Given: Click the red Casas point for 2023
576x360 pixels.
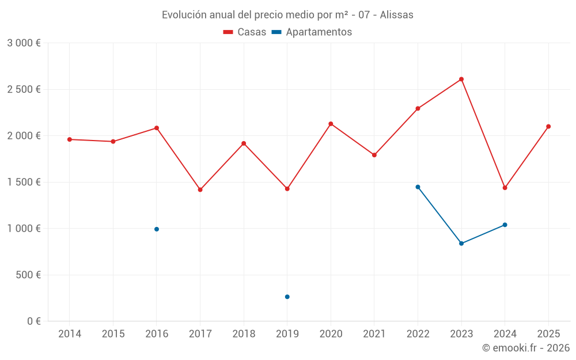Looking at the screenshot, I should click(x=461, y=79).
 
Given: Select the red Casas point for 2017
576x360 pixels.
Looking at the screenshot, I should click(x=200, y=190).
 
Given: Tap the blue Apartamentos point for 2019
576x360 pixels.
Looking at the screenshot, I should click(x=287, y=297).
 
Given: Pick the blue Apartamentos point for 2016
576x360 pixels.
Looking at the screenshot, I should click(x=157, y=229).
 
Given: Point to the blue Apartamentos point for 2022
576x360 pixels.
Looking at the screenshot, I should click(x=418, y=187).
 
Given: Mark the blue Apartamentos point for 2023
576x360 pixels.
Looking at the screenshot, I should click(x=461, y=244).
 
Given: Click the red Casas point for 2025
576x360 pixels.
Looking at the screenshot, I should click(x=548, y=127).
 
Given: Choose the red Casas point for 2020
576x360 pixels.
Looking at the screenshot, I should click(x=331, y=124).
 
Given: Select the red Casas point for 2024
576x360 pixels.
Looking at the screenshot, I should click(x=505, y=188).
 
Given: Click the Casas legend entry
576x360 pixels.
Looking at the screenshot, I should click(x=245, y=32).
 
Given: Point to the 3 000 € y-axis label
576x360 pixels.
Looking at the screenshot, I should click(x=24, y=43).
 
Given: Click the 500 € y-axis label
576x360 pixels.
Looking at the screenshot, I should click(x=28, y=275).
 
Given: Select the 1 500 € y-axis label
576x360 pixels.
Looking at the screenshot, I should click(x=24, y=183).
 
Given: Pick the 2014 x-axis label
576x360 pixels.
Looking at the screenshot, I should click(x=70, y=334).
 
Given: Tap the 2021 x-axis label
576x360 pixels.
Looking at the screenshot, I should click(x=374, y=334).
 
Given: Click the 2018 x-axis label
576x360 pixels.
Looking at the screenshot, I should click(x=244, y=334).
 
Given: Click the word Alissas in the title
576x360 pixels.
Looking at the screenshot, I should click(x=397, y=15).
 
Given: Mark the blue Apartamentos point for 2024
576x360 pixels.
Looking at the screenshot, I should click(x=505, y=225).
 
